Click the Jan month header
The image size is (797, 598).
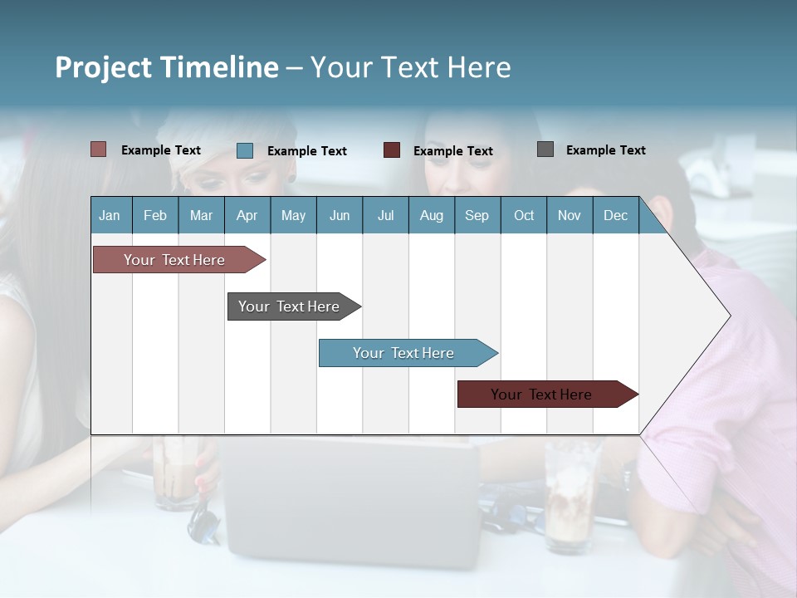coord(110,215)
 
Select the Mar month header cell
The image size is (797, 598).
coord(201,215)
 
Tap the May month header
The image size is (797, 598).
coord(293,215)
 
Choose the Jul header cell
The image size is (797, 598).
coord(385,215)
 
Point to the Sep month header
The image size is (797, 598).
coord(477,215)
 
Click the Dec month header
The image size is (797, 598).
coord(615,215)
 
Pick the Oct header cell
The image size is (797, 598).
coord(524,215)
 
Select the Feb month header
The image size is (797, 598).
coord(155,215)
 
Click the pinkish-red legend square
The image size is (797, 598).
coord(99,149)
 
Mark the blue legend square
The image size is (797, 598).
coord(245,150)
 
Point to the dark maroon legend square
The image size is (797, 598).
coord(392,150)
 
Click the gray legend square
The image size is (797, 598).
coord(545,149)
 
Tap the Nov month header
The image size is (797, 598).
coord(570,215)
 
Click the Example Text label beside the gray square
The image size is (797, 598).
coord(605,150)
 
